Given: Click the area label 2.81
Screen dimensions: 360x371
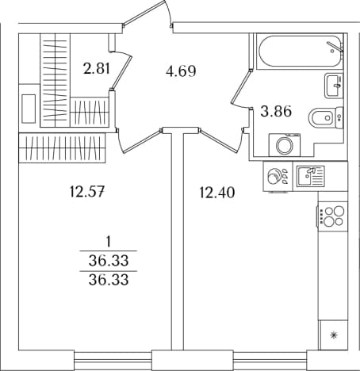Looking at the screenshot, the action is [96, 68].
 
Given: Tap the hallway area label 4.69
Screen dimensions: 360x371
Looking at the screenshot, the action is [181, 71].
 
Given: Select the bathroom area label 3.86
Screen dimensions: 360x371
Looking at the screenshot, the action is [276, 111].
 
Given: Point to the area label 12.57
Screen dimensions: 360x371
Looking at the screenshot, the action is [87, 192].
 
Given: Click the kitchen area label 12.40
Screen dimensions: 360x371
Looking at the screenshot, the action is [216, 192].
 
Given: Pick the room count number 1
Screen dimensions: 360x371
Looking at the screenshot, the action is [109, 242].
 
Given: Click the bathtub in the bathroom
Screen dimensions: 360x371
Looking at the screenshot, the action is [300, 52].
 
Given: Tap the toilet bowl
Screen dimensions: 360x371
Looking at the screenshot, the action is [326, 117].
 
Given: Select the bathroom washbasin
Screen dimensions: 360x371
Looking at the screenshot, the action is [334, 86].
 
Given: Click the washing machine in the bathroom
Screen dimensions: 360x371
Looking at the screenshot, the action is [285, 145].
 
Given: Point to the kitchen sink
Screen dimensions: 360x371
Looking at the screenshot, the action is [310, 176].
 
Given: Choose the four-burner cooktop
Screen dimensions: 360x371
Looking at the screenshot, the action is [332, 216].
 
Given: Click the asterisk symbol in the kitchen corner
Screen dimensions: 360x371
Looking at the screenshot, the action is [334, 335].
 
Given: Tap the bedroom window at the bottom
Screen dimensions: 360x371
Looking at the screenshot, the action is [113, 360].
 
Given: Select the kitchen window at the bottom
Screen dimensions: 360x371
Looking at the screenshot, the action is [270, 360].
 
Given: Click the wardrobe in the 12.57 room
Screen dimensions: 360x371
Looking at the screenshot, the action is [62, 148].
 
